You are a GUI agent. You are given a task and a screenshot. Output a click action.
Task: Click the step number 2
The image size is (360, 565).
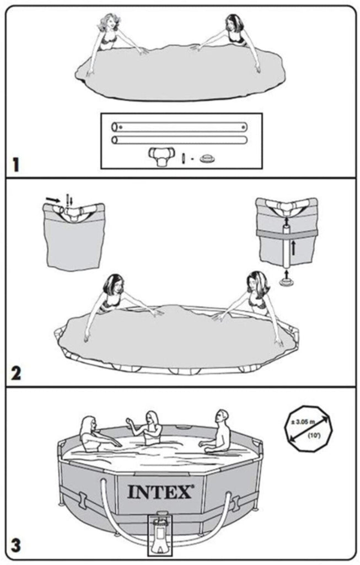click(x=16, y=374)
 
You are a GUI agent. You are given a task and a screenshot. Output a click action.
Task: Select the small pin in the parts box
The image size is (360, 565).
click(x=183, y=158)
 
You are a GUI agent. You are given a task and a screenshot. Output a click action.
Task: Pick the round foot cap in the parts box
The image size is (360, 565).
click(x=208, y=158)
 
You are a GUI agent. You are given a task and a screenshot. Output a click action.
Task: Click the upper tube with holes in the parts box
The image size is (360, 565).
click(x=179, y=127)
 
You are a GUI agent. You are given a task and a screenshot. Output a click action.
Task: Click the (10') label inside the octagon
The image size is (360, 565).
click(x=314, y=435)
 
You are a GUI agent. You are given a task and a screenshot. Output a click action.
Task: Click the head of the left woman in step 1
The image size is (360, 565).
click(x=109, y=23)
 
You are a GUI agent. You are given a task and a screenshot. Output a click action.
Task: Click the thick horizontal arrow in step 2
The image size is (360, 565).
click(x=53, y=199)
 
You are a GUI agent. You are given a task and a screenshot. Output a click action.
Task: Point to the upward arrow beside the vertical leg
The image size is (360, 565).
click(x=294, y=248)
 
